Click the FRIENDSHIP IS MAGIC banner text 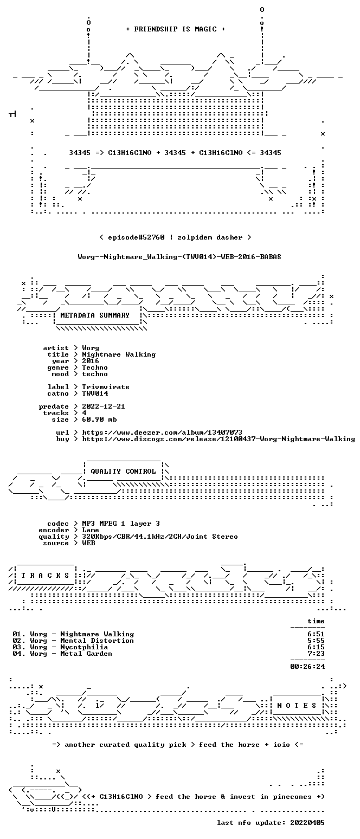click(175, 29)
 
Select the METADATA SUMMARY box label click(95, 315)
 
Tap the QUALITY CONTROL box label click(123, 471)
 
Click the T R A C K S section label click(46, 575)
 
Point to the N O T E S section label click(297, 705)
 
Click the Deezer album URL click(162, 432)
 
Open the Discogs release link click(218, 439)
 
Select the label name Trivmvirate click(106, 387)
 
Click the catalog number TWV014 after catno click(95, 393)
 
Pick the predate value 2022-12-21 click(104, 406)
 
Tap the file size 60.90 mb click(99, 419)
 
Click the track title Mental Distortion click(97, 641)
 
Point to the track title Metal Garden click(86, 654)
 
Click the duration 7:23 click(316, 654)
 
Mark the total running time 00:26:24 click(307, 666)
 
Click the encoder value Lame click(91, 530)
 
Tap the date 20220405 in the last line click(307, 823)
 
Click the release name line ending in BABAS click(179, 257)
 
